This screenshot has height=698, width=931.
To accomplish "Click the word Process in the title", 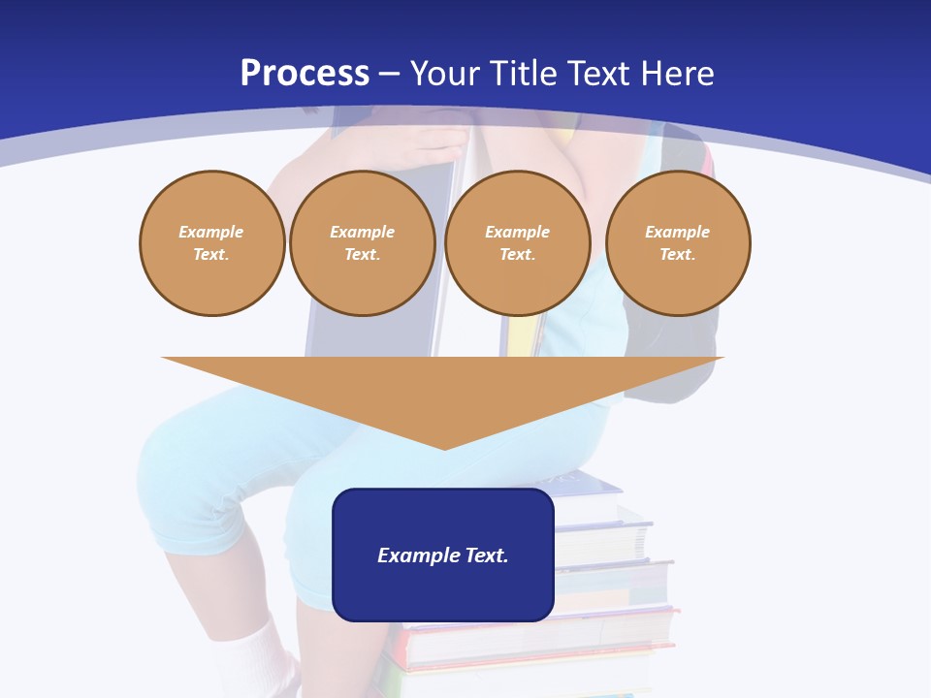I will coord(305,74).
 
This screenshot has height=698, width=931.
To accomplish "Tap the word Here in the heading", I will coord(677,74).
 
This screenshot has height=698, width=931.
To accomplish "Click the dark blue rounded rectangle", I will coord(443,591).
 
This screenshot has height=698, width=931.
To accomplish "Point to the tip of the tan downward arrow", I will coord(444,446).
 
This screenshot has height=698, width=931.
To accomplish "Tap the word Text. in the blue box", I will coord(485,555).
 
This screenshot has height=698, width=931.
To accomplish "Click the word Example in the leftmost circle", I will coord(211,233).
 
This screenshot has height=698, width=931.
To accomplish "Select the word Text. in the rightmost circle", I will coord(678,255).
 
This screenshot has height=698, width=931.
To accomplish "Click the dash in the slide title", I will coord(390,74).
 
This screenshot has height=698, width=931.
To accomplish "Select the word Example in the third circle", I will coord(518,233).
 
